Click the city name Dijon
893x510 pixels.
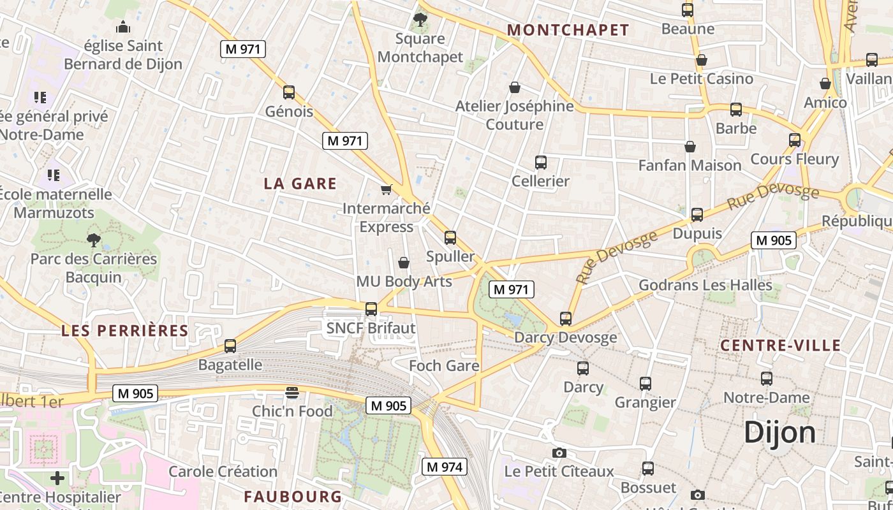[779, 432]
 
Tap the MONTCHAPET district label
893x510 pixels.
[568, 30]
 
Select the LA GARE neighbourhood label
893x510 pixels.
[300, 184]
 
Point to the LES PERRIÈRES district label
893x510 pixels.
[125, 330]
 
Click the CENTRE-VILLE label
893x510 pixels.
[780, 346]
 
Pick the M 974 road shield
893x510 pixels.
[445, 467]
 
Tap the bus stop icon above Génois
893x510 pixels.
[289, 92]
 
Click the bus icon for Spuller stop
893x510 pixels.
[450, 238]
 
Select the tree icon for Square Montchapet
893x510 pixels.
[420, 20]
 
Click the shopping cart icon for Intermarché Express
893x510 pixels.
[386, 190]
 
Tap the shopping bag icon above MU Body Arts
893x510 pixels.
[404, 263]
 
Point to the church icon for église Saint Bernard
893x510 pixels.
[122, 27]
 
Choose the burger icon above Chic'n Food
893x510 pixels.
[292, 393]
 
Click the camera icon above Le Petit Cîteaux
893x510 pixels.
[559, 453]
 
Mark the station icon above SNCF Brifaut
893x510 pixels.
[371, 309]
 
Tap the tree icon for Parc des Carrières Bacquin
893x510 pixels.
[94, 240]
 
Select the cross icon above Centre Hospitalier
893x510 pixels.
[57, 478]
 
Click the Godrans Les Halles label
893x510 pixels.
[705, 285]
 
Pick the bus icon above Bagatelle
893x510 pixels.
[230, 346]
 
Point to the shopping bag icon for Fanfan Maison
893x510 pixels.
[690, 147]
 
